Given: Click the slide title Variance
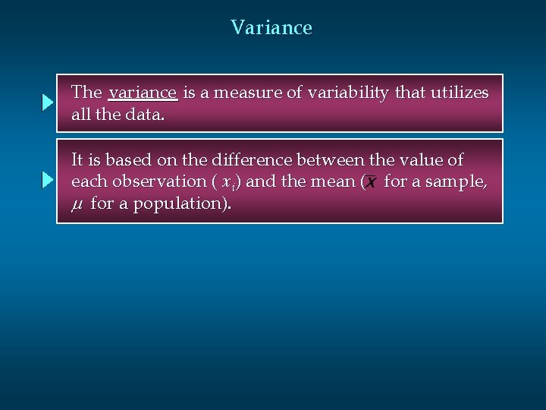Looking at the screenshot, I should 271,28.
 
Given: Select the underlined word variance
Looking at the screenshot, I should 143,93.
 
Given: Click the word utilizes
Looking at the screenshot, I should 459,93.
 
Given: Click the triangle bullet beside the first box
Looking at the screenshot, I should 47,103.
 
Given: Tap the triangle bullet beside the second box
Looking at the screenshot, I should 47,181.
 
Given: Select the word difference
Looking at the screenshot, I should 255,160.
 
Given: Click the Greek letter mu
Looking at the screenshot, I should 77,204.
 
